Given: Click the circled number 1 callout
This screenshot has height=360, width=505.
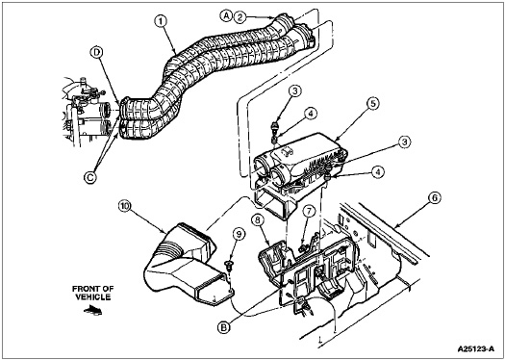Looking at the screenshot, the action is (162, 22).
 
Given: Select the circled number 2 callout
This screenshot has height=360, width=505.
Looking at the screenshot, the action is (240, 16).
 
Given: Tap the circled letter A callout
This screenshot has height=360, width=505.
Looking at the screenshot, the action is (227, 15).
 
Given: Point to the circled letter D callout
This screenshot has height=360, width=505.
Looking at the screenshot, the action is (96, 52).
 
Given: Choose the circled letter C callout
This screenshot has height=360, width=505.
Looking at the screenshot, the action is (90, 177).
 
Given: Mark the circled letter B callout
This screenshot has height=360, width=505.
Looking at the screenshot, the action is (223, 327).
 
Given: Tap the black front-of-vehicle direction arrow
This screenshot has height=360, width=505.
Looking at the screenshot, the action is (92, 310).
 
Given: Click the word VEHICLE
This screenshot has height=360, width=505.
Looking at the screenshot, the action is (93, 296).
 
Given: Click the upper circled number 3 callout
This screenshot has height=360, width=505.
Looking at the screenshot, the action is (295, 91).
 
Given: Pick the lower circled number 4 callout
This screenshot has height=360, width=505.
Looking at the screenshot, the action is (378, 172).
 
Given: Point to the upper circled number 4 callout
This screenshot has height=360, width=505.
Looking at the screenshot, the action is (311, 114).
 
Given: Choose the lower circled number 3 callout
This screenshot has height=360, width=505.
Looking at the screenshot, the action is (405, 142).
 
